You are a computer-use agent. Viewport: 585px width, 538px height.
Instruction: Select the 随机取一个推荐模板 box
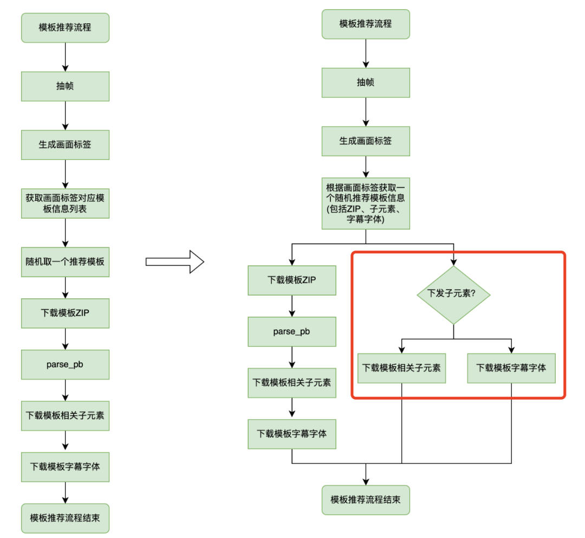(65, 260)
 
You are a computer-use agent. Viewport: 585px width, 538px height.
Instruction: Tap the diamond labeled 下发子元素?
(453, 294)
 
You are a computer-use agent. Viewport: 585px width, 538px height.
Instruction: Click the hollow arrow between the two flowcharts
(174, 262)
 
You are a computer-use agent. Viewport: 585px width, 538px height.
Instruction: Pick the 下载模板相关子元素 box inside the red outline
(401, 368)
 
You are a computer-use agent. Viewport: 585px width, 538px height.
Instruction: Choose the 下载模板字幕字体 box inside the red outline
(511, 368)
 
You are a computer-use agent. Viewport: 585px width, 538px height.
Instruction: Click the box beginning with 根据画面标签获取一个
(366, 203)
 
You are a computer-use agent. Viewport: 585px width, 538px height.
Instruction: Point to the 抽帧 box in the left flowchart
(65, 86)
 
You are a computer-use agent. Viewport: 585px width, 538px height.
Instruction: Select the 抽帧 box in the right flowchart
(366, 82)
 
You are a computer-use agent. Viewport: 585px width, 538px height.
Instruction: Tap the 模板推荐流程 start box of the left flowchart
(65, 28)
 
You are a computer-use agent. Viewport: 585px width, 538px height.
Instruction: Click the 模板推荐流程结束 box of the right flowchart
(366, 499)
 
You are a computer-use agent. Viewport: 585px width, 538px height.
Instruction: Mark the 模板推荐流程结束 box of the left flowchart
(65, 518)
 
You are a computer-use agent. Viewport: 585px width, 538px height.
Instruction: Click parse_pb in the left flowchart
(65, 364)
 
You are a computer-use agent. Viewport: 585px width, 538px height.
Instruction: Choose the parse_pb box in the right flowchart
(291, 331)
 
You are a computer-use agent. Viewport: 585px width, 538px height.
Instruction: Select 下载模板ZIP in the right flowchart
(291, 280)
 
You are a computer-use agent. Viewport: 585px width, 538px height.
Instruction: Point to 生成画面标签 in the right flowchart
(366, 141)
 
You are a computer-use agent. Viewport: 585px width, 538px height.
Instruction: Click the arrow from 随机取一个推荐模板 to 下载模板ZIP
(65, 287)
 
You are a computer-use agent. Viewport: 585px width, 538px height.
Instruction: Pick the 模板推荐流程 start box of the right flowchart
(366, 24)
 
